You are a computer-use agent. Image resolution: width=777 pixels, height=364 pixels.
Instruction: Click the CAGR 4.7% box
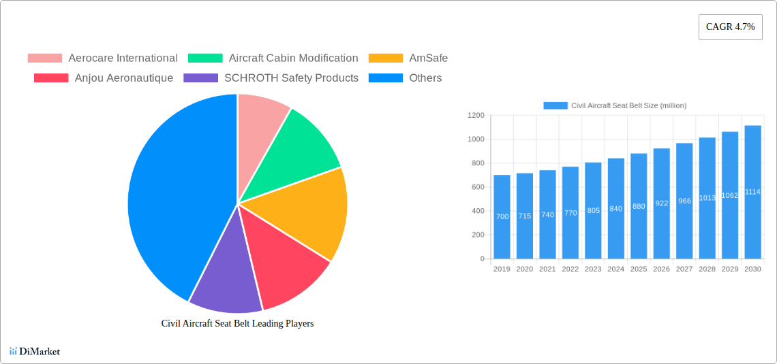tap(730, 27)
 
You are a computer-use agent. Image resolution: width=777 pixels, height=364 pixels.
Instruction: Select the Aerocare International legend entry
tap(102, 59)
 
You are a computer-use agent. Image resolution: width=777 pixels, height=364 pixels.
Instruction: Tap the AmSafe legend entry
tap(408, 59)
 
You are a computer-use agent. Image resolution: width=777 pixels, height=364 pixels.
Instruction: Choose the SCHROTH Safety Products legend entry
tap(271, 78)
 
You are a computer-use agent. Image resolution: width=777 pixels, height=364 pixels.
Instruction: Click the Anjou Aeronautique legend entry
tap(103, 78)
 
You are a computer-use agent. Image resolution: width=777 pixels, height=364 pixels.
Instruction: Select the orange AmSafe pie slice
tap(307, 211)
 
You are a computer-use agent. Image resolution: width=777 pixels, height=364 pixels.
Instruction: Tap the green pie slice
tap(300, 143)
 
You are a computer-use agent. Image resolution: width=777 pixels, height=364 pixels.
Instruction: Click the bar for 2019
tap(502, 218)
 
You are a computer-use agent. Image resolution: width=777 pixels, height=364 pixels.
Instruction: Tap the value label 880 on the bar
tap(639, 206)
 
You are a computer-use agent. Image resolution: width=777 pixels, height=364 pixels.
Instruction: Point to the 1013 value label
tap(707, 198)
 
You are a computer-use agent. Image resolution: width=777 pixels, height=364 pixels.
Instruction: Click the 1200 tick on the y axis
tap(476, 116)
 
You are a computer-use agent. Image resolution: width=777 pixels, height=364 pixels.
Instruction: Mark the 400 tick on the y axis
tap(477, 211)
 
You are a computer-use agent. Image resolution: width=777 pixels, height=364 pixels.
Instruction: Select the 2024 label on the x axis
tap(615, 269)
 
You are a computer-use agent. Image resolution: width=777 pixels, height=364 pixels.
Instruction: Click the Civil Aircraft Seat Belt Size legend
tap(615, 105)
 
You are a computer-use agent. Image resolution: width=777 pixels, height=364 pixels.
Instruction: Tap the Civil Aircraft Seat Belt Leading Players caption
tap(237, 324)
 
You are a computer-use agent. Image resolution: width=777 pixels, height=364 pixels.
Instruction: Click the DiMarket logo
tap(35, 351)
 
